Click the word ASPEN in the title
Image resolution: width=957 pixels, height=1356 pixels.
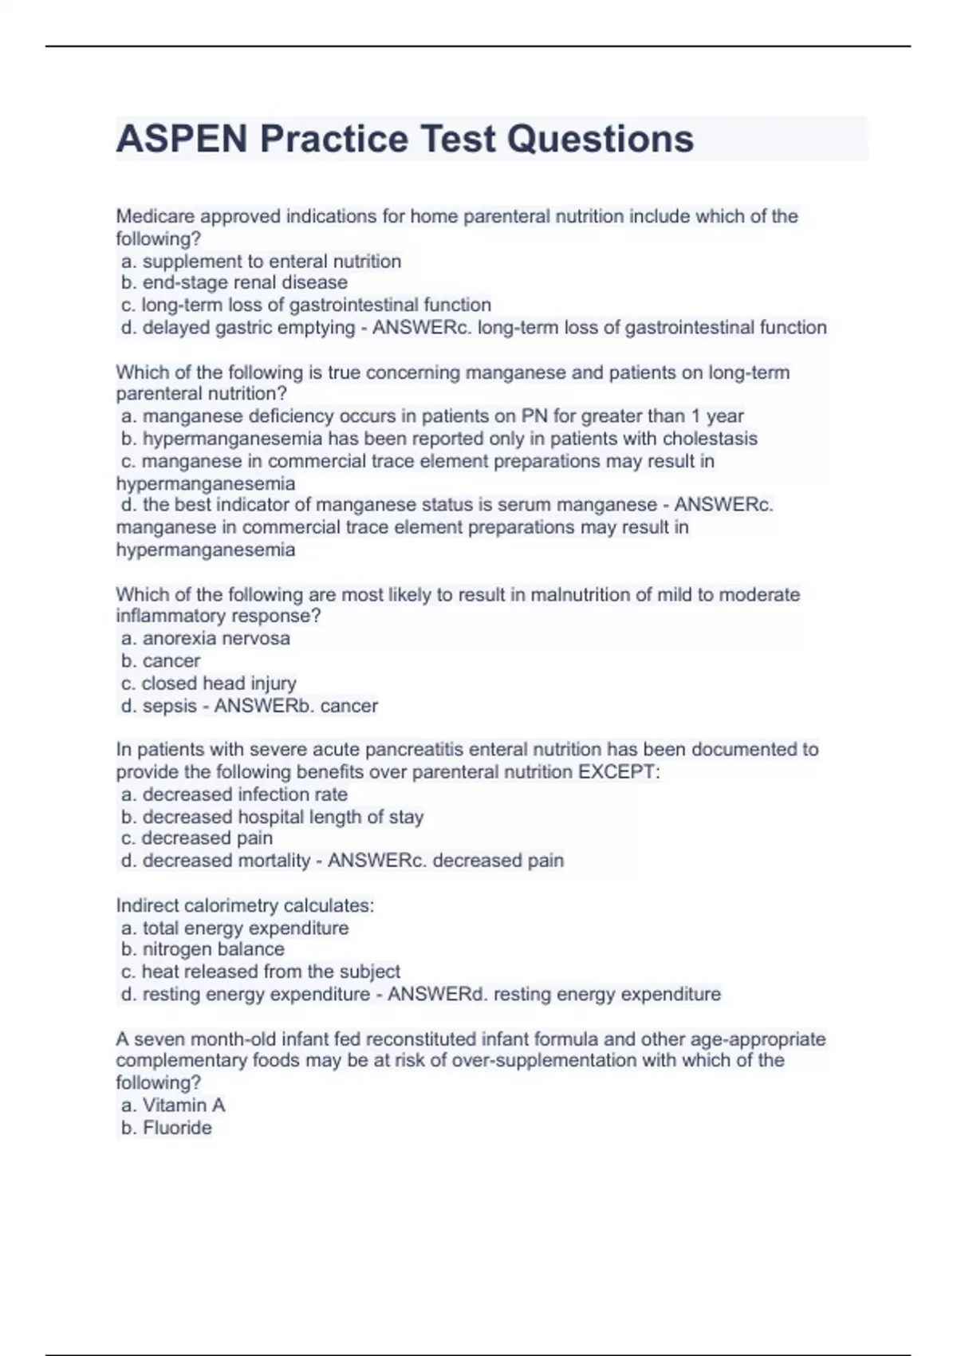182,139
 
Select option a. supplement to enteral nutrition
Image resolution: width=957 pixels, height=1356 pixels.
262,261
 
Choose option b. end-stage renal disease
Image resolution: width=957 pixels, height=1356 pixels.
234,282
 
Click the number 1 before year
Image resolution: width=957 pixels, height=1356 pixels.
696,416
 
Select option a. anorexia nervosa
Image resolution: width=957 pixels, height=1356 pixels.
206,638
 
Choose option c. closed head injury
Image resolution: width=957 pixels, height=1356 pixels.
209,683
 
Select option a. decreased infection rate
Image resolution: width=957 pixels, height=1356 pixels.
234,794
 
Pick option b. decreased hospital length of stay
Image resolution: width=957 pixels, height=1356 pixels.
273,817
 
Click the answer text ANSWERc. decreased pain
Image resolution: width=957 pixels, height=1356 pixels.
446,861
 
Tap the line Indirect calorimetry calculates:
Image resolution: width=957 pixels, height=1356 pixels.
245,905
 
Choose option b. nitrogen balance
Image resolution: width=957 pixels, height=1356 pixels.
203,949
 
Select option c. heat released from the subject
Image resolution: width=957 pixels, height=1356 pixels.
261,972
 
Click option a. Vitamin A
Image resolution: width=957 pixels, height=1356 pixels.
173,1105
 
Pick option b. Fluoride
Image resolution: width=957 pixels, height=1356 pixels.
167,1127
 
